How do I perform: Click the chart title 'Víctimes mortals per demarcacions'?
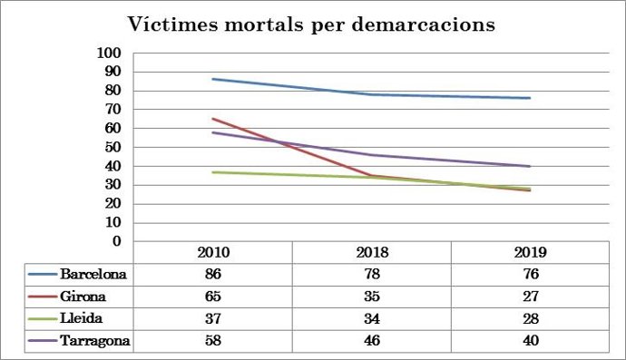[x=311, y=24]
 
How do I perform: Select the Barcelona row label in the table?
[x=93, y=274]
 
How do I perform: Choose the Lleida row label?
[x=83, y=317]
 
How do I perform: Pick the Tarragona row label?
[x=95, y=340]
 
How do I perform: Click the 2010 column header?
[x=212, y=252]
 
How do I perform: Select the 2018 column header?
[x=371, y=252]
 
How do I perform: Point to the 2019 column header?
[x=530, y=252]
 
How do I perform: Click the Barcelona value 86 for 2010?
[x=212, y=274]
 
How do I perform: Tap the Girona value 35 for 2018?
[x=371, y=296]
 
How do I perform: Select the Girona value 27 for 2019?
[x=530, y=296]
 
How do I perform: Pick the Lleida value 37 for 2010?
[x=212, y=317]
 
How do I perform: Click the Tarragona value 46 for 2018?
[x=371, y=340]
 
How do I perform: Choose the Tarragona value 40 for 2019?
[x=530, y=340]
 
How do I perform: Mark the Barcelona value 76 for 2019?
[x=530, y=274]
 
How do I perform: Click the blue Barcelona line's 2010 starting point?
[x=212, y=79]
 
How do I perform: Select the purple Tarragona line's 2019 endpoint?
[x=530, y=166]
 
